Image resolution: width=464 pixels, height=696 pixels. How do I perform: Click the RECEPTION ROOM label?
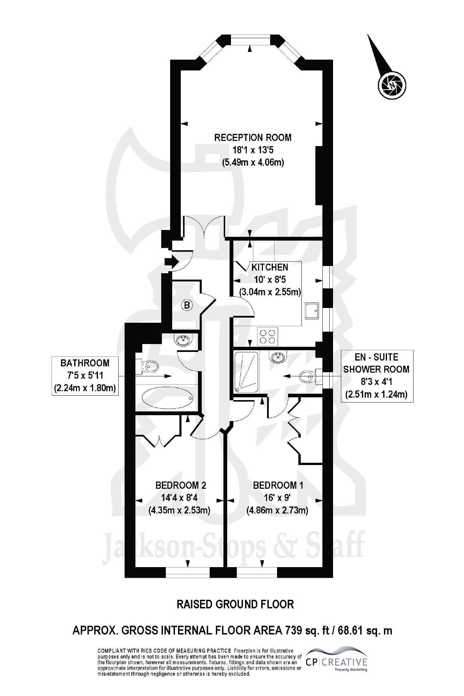253,137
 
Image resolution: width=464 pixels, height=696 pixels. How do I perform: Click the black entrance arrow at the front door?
171,262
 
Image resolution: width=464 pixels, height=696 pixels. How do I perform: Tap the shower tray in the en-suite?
246,372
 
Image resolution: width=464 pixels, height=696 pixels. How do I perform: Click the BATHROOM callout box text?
85,376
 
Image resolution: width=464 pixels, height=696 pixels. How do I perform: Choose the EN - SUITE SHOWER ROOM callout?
376,376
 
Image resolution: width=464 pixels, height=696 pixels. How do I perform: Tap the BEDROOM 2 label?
180,485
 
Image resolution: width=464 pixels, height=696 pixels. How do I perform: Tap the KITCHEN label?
269,267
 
